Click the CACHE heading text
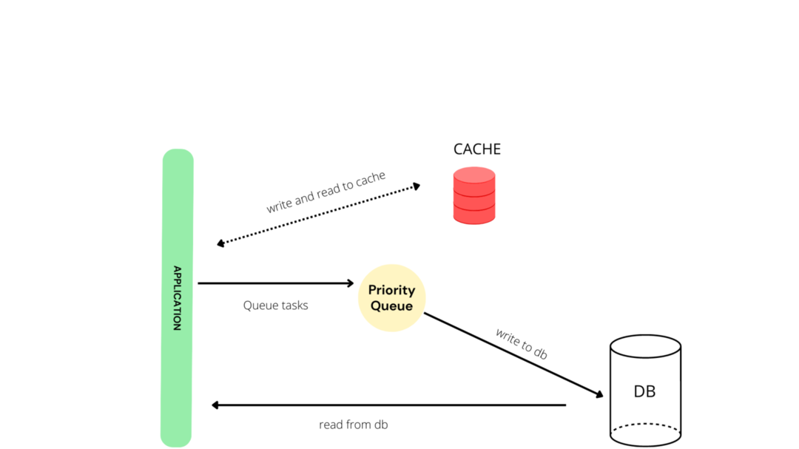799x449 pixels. click(x=476, y=149)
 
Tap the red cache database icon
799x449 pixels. click(x=474, y=195)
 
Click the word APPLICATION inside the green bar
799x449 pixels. click(x=177, y=297)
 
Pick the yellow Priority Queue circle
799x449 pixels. click(x=391, y=297)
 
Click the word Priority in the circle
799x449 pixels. click(x=391, y=290)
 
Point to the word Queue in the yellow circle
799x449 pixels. click(x=391, y=306)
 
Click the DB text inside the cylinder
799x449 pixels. click(x=644, y=391)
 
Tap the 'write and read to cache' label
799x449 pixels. click(x=326, y=192)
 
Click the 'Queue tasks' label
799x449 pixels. click(x=275, y=305)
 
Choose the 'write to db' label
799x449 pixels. click(x=522, y=344)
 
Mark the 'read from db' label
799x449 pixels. click(x=353, y=425)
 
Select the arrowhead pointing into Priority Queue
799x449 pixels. click(x=351, y=283)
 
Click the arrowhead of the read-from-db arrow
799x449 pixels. click(x=215, y=405)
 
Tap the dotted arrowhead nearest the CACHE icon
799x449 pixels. click(x=416, y=186)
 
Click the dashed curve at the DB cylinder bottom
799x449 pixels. click(x=644, y=425)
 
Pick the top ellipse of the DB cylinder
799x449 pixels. click(x=644, y=346)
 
